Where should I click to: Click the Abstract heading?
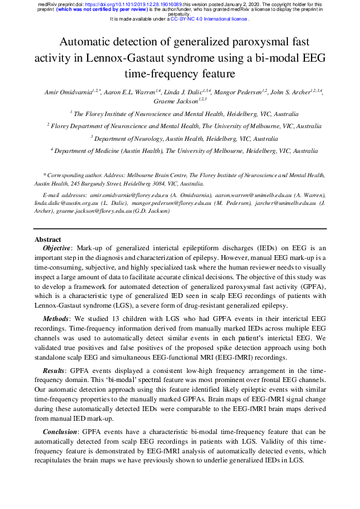coord(48,239)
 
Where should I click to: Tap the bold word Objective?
coord(57,248)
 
